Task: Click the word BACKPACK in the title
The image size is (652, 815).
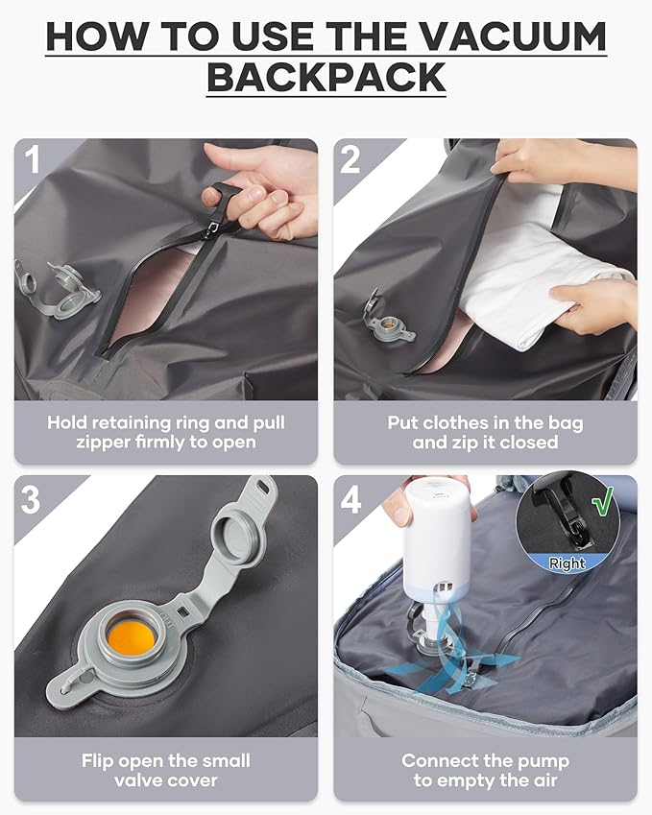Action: point(326,77)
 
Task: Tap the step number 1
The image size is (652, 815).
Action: point(33,159)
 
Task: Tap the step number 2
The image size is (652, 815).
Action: point(350,159)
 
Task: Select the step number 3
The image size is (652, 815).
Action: point(33,498)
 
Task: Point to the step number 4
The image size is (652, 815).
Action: point(351,498)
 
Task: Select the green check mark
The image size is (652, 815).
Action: point(602,503)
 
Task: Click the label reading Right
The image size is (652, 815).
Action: point(567,563)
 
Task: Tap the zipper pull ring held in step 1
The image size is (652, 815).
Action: point(224,192)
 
